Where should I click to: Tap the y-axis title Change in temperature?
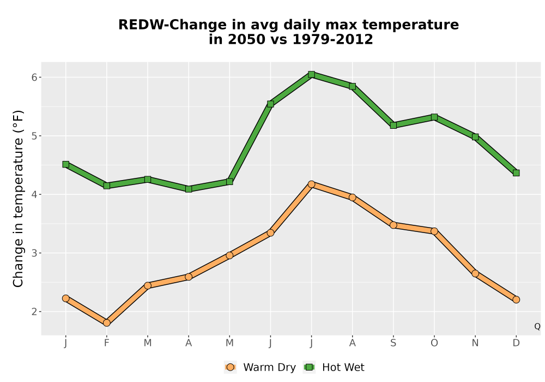18,199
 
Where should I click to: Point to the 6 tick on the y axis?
34,77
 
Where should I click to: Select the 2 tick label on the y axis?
34,312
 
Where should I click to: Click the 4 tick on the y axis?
34,194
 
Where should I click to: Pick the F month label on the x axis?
107,343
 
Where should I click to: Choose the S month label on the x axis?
393,343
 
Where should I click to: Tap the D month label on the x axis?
516,343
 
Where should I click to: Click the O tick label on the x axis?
434,343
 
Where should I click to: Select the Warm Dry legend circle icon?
230,367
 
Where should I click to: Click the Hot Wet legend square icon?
309,367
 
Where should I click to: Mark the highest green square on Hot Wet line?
311,74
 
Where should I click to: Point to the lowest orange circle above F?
107,323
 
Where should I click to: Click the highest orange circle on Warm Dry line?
311,184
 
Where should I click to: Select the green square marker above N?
475,137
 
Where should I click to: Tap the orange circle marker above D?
516,300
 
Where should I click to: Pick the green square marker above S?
393,126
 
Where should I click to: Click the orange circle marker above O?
434,231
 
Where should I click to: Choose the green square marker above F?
107,186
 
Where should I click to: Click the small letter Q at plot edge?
537,326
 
